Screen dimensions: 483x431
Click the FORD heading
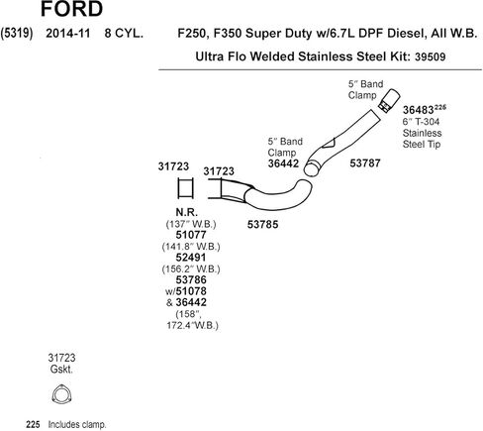pos(71,9)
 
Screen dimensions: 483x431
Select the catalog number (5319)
pos(17,34)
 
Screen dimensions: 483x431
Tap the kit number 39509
pos(430,56)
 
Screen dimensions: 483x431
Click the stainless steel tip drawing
pos(389,101)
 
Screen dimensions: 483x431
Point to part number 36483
pos(418,110)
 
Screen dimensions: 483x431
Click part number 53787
pos(365,162)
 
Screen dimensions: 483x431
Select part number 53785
pos(262,225)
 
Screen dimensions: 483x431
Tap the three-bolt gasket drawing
pos(61,394)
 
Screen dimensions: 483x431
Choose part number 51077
pos(191,235)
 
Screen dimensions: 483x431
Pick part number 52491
pos(191,258)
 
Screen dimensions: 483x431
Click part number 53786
pos(191,279)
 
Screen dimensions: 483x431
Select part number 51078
pos(191,291)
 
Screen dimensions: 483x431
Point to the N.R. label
pos(187,212)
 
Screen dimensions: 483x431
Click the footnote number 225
pos(33,424)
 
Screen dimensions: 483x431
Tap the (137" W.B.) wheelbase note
pos(191,224)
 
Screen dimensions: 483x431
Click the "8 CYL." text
pos(124,34)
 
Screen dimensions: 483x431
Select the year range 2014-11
pos(68,34)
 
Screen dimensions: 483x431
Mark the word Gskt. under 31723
pos(61,369)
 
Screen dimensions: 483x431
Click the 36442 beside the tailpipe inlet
pos(283,163)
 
